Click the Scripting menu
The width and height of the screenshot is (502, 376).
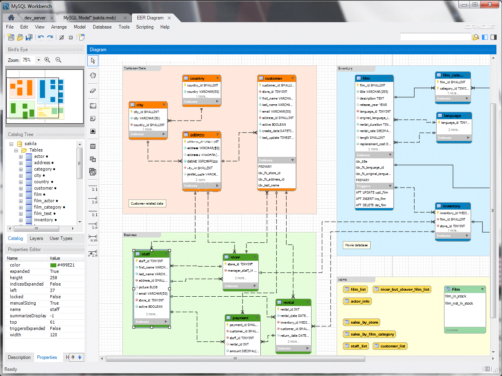click(x=144, y=27)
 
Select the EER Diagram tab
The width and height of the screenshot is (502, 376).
click(x=150, y=18)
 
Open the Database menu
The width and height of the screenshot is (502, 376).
click(x=102, y=27)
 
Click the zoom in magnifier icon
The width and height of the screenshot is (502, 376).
click(x=47, y=60)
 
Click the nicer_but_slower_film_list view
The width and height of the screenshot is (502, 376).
click(x=402, y=290)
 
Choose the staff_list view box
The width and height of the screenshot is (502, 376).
click(x=356, y=346)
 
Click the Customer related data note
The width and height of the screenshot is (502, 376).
click(x=147, y=203)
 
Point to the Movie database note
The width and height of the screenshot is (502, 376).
click(x=356, y=245)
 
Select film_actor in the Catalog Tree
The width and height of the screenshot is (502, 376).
click(x=44, y=201)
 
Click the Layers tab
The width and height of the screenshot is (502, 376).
click(x=36, y=238)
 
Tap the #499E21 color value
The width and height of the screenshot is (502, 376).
click(x=66, y=265)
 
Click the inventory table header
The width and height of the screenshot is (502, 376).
click(x=452, y=206)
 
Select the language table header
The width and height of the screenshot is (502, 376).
click(x=454, y=116)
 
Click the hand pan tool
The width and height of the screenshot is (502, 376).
click(x=93, y=76)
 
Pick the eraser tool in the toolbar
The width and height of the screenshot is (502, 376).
click(x=93, y=91)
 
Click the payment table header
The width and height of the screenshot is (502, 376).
click(x=242, y=318)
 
